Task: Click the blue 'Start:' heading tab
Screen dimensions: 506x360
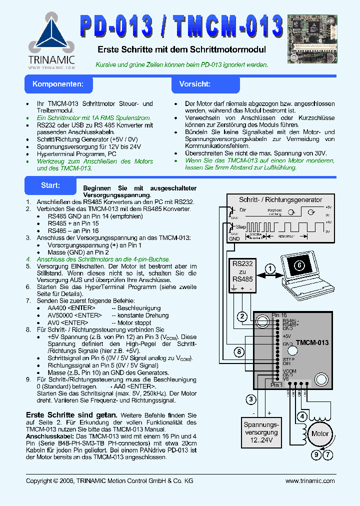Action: pyautogui.click(x=50, y=185)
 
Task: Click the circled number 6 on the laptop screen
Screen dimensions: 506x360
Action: pyautogui.click(x=299, y=265)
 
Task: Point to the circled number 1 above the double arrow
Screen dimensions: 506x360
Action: pyautogui.click(x=270, y=268)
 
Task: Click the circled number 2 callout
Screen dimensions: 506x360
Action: pyautogui.click(x=242, y=316)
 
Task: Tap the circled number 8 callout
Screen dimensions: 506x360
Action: pyautogui.click(x=239, y=352)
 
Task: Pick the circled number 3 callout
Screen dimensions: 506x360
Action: pyautogui.click(x=251, y=399)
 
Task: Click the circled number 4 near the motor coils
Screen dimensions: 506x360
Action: pyautogui.click(x=301, y=416)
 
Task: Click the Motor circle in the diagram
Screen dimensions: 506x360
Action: pyautogui.click(x=320, y=433)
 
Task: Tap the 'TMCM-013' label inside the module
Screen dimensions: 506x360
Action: pyautogui.click(x=312, y=343)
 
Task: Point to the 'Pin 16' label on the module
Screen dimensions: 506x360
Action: pyautogui.click(x=279, y=315)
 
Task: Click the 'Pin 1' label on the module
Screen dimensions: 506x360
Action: pyautogui.click(x=276, y=385)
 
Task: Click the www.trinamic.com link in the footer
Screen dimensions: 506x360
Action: pyautogui.click(x=309, y=480)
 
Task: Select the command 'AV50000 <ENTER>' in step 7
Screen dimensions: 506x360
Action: pyautogui.click(x=71, y=315)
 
